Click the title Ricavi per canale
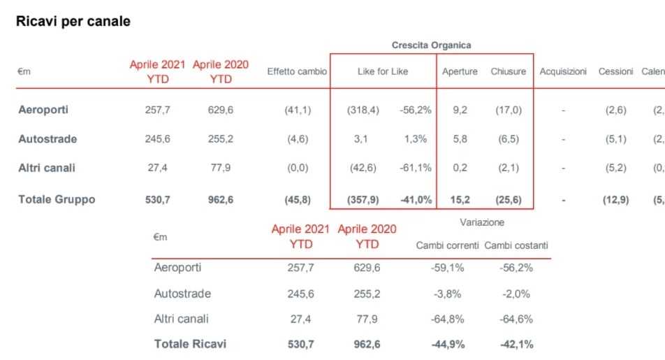click(x=73, y=22)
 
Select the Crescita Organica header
click(x=431, y=45)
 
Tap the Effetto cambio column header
click(x=297, y=72)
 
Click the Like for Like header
click(x=383, y=72)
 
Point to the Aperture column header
click(x=460, y=72)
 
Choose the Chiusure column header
click(x=509, y=72)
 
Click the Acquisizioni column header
click(x=563, y=72)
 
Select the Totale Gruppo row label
click(x=57, y=199)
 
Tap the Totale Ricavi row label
click(x=190, y=344)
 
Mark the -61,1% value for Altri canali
click(x=416, y=168)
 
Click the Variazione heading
click(x=482, y=222)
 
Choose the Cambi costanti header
click(x=516, y=245)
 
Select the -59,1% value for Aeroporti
click(x=448, y=268)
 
